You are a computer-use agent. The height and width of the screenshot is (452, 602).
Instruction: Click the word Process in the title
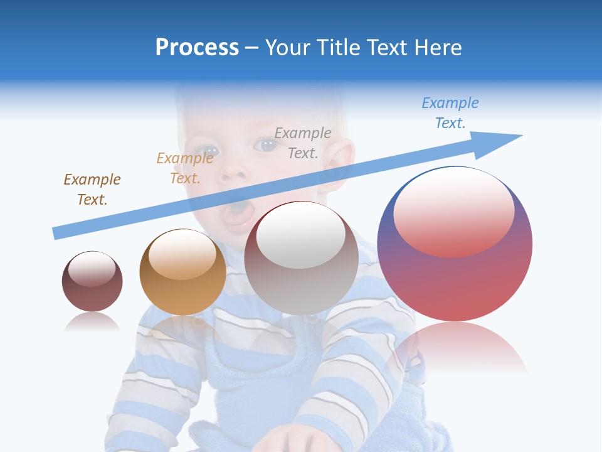tap(197, 48)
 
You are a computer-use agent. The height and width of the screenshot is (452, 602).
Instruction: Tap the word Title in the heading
tap(337, 48)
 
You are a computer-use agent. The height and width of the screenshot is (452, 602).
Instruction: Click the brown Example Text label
tap(92, 190)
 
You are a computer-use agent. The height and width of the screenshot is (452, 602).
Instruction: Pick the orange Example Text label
tap(185, 168)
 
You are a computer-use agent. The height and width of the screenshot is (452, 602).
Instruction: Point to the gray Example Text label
tap(303, 143)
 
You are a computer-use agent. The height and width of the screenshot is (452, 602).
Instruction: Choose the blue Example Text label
tap(450, 113)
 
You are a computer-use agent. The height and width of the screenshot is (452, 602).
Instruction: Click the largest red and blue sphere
tap(455, 276)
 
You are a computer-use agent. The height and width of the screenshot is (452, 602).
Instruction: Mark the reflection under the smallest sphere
tap(92, 323)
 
